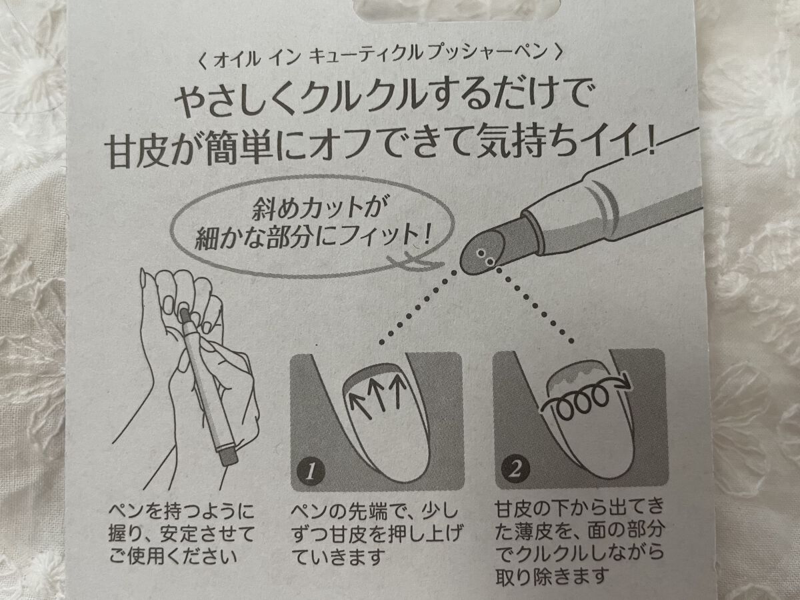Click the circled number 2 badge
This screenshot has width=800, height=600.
514,470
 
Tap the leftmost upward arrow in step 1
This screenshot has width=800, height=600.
360,405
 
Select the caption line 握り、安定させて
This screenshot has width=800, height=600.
181,535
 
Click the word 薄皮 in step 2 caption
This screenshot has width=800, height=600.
534,532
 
